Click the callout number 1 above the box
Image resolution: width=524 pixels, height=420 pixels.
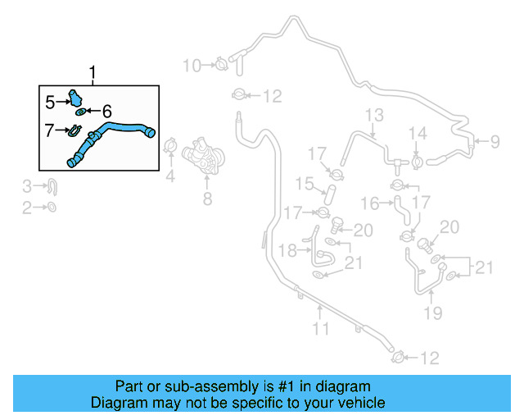[x=93, y=74]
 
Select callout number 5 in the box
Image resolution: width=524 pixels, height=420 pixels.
[x=50, y=102]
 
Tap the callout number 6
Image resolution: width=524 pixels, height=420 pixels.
[x=106, y=110]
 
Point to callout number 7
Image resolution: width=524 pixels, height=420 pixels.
[x=50, y=128]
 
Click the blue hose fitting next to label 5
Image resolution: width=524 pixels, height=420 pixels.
[x=76, y=98]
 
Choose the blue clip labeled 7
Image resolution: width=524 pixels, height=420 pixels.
[x=73, y=130]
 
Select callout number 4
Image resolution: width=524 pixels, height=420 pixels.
[x=170, y=175]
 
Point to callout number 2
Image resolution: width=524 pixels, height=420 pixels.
[x=26, y=208]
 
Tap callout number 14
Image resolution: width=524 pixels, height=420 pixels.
[x=418, y=133]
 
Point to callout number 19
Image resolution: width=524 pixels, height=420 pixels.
[x=433, y=312]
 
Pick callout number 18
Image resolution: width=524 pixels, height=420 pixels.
[x=288, y=250]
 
